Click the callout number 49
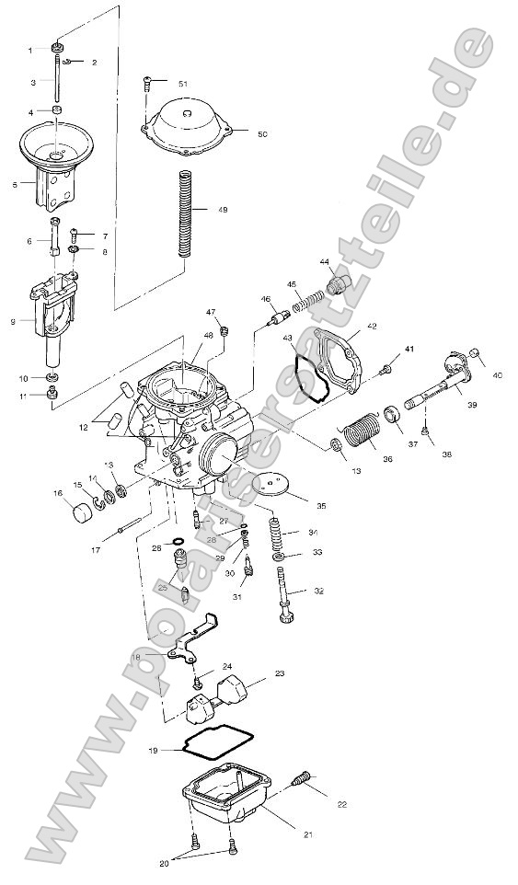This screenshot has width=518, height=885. pos(223,211)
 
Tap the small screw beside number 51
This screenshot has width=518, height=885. pos(148,86)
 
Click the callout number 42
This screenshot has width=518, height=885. pos(372,327)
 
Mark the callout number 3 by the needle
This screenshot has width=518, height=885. pos(32,82)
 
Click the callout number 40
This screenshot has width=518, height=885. pos(497,374)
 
